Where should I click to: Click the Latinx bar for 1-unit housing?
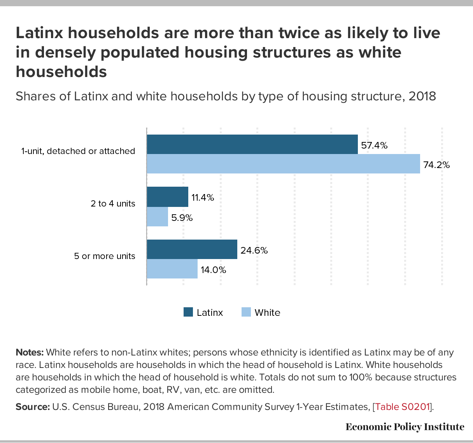252,144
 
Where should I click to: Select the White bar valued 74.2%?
283,164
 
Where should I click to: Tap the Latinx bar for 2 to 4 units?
167,197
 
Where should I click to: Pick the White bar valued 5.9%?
157,217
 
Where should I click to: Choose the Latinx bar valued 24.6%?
192,249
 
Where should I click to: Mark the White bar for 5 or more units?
172,269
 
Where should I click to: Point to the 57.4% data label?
374,145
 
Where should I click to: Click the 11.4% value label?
203,198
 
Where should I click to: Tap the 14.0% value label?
213,270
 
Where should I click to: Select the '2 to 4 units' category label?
113,203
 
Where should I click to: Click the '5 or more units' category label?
105,256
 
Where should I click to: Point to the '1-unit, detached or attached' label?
78,151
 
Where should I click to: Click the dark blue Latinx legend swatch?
188,312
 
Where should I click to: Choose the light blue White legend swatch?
246,312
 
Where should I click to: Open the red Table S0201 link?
402,407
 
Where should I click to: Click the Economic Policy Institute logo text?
405,427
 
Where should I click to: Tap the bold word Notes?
30,352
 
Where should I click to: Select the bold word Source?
32,407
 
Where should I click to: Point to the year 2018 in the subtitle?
422,96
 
